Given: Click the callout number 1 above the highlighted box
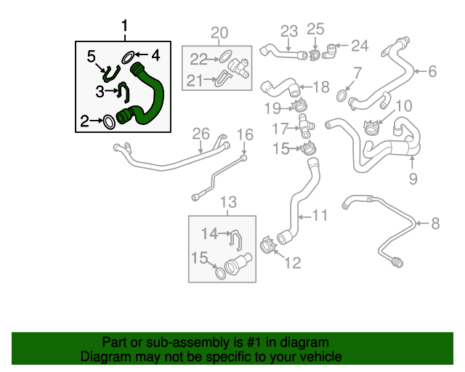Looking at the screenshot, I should tap(124, 28).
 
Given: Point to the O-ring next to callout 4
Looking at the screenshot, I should tap(128, 56).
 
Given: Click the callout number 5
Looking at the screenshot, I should tap(92, 56).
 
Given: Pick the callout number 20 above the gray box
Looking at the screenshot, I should tap(219, 32).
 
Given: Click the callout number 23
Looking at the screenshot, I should tap(290, 31).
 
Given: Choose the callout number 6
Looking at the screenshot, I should tap(432, 71).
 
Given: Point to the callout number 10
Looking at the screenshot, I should tap(403, 106).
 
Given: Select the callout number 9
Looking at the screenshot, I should tap(413, 177).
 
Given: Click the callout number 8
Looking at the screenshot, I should tap(435, 224).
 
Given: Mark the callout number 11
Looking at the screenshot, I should tap(320, 216).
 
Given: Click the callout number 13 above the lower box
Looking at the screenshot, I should tap(228, 201).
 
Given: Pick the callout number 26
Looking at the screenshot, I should tap(201, 134).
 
